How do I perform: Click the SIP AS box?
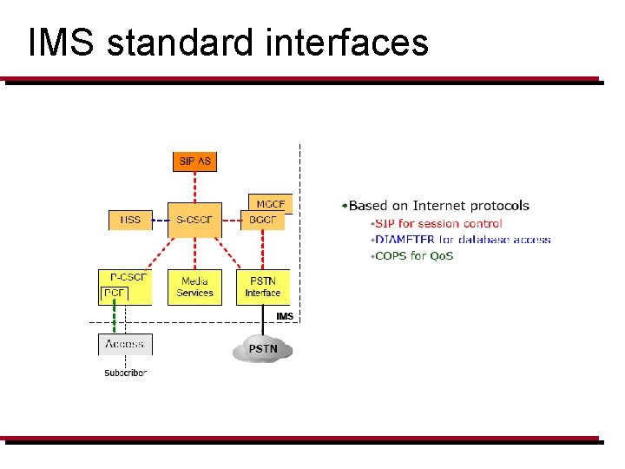pos(194,162)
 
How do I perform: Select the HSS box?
pos(130,221)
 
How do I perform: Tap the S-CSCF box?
pos(194,221)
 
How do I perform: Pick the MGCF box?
pos(271,203)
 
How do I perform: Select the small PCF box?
pos(115,294)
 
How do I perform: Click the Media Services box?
pos(194,287)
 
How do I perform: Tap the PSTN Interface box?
pos(263,287)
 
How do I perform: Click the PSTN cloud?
pos(263,349)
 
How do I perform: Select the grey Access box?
pos(125,345)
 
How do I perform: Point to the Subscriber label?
pos(125,373)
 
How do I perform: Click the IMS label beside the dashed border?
pos(285,316)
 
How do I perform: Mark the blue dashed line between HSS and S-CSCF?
pos(160,221)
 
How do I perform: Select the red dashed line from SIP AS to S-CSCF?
pos(194,187)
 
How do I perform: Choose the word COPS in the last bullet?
pos(391,255)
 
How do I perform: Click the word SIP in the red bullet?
pos(385,223)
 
